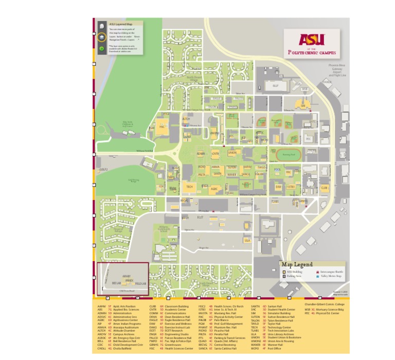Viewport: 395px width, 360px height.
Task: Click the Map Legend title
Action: click(x=297, y=264)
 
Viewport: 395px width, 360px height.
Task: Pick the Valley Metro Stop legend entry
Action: click(x=331, y=276)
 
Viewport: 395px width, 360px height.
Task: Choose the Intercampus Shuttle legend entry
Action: click(x=332, y=271)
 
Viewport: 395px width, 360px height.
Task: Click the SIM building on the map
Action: click(x=303, y=105)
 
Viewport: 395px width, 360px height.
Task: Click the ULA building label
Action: click(x=247, y=240)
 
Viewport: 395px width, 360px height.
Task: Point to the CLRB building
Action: click(x=324, y=188)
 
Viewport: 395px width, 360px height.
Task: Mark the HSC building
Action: click(x=161, y=126)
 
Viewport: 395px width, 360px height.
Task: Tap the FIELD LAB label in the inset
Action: click(x=140, y=283)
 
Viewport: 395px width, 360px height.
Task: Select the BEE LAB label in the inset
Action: click(x=116, y=283)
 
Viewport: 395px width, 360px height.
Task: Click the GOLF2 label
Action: click(x=103, y=169)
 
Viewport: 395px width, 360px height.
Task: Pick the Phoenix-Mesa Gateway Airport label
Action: click(x=337, y=70)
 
